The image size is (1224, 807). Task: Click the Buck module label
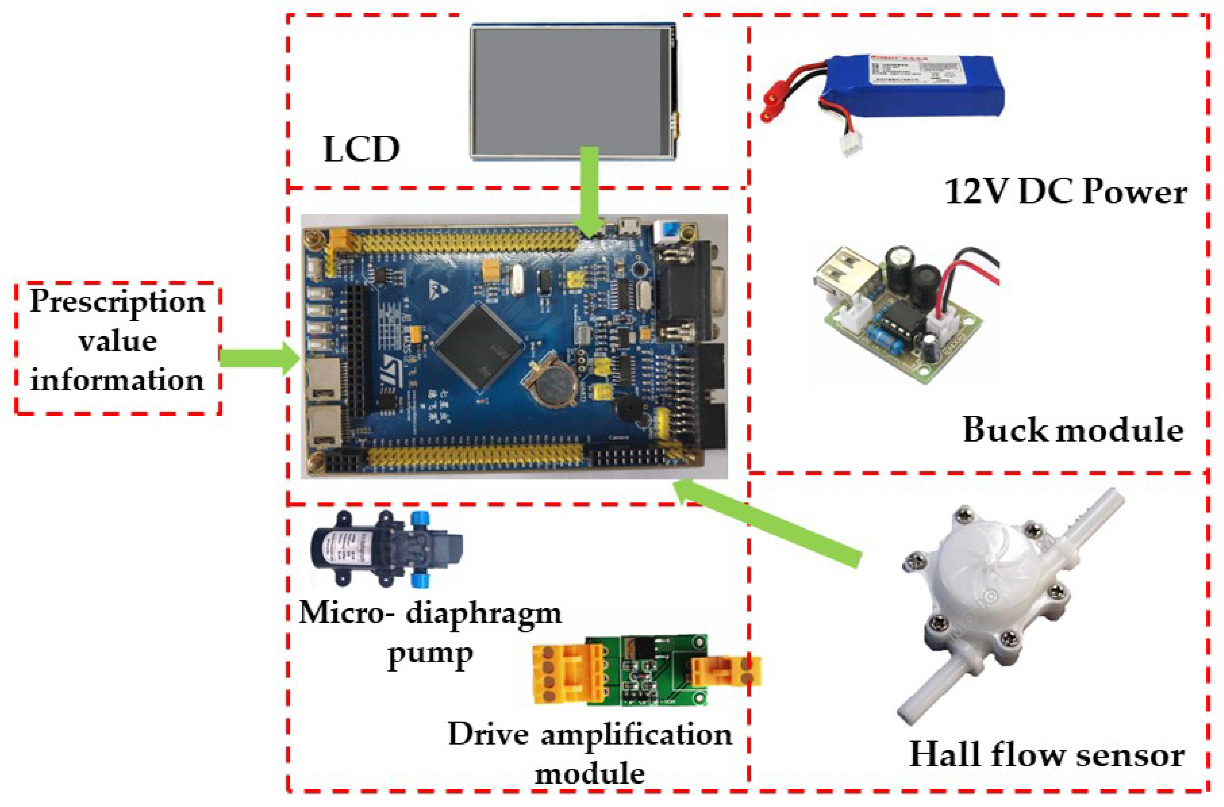click(1073, 430)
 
